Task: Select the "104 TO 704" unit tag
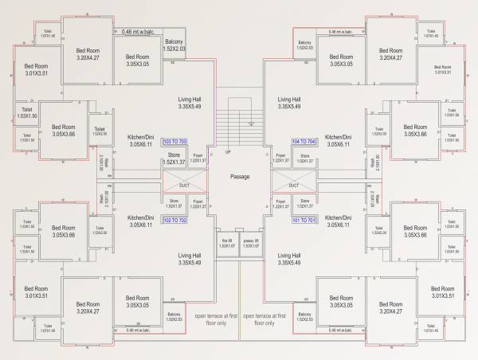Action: coord(305,140)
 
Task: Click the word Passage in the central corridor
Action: coord(241,176)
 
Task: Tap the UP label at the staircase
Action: coord(228,151)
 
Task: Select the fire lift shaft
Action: coord(226,243)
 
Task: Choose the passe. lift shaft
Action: coord(253,243)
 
